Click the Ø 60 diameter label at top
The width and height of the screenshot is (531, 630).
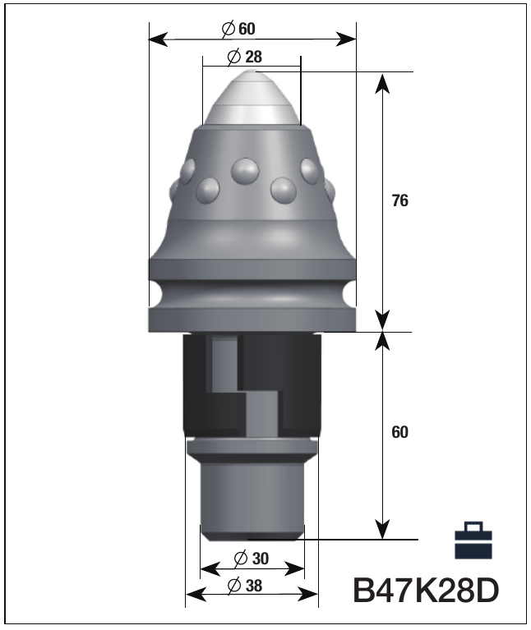(x=238, y=29)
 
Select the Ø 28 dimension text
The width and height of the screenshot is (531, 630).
(x=244, y=57)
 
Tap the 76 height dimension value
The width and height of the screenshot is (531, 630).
(x=399, y=200)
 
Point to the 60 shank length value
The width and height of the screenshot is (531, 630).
(x=399, y=432)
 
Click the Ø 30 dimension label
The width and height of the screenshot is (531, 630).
(x=251, y=558)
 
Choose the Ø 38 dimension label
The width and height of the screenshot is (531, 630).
(x=244, y=586)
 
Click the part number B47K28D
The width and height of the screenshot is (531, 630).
(x=426, y=591)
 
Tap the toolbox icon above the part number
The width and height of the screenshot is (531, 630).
(x=473, y=540)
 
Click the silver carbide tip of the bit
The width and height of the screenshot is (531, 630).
(x=252, y=98)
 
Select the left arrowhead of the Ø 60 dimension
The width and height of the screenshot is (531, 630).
(x=158, y=39)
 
